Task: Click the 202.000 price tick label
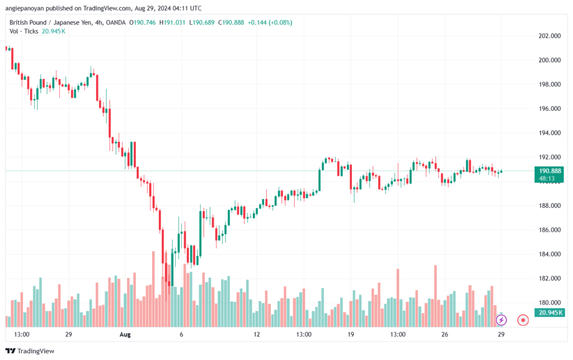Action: (549, 36)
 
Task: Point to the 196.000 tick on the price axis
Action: (549, 109)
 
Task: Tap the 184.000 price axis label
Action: (549, 254)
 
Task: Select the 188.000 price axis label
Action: (549, 206)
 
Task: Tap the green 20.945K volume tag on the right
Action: (549, 312)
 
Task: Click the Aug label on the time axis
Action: (125, 334)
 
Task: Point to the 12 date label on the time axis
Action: (256, 334)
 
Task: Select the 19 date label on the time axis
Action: (351, 334)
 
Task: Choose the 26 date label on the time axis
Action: (445, 334)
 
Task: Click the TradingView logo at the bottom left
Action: (30, 351)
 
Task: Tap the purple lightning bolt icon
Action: (501, 320)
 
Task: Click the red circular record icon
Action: (523, 320)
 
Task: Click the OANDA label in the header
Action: (115, 22)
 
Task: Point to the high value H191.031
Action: (172, 22)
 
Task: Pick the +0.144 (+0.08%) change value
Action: (270, 22)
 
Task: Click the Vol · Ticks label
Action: (24, 31)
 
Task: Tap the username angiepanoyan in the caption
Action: (24, 8)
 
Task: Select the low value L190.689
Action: (201, 22)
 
